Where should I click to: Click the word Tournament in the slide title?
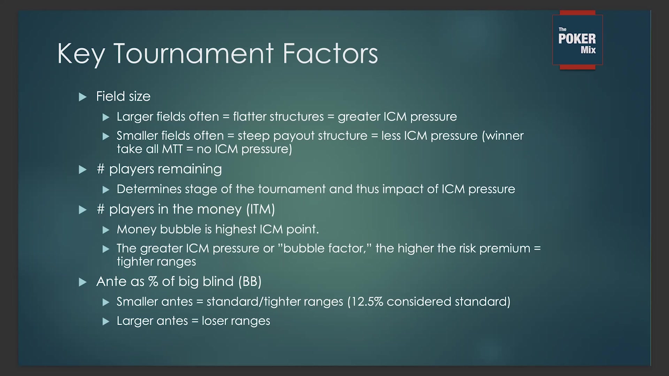coord(194,54)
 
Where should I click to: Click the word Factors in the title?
coord(330,54)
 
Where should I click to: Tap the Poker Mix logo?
coord(577,40)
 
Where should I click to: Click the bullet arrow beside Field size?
coord(83,97)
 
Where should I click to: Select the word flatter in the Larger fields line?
coord(249,116)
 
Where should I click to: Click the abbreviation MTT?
coord(172,149)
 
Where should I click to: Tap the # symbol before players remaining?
coord(101,169)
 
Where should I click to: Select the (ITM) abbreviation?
coord(261,209)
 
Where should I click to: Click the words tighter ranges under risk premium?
coord(156,262)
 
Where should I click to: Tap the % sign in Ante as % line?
coord(153,281)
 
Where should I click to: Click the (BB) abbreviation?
coord(250,281)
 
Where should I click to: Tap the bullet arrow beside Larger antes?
coord(106,321)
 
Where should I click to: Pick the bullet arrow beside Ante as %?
coord(83,282)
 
